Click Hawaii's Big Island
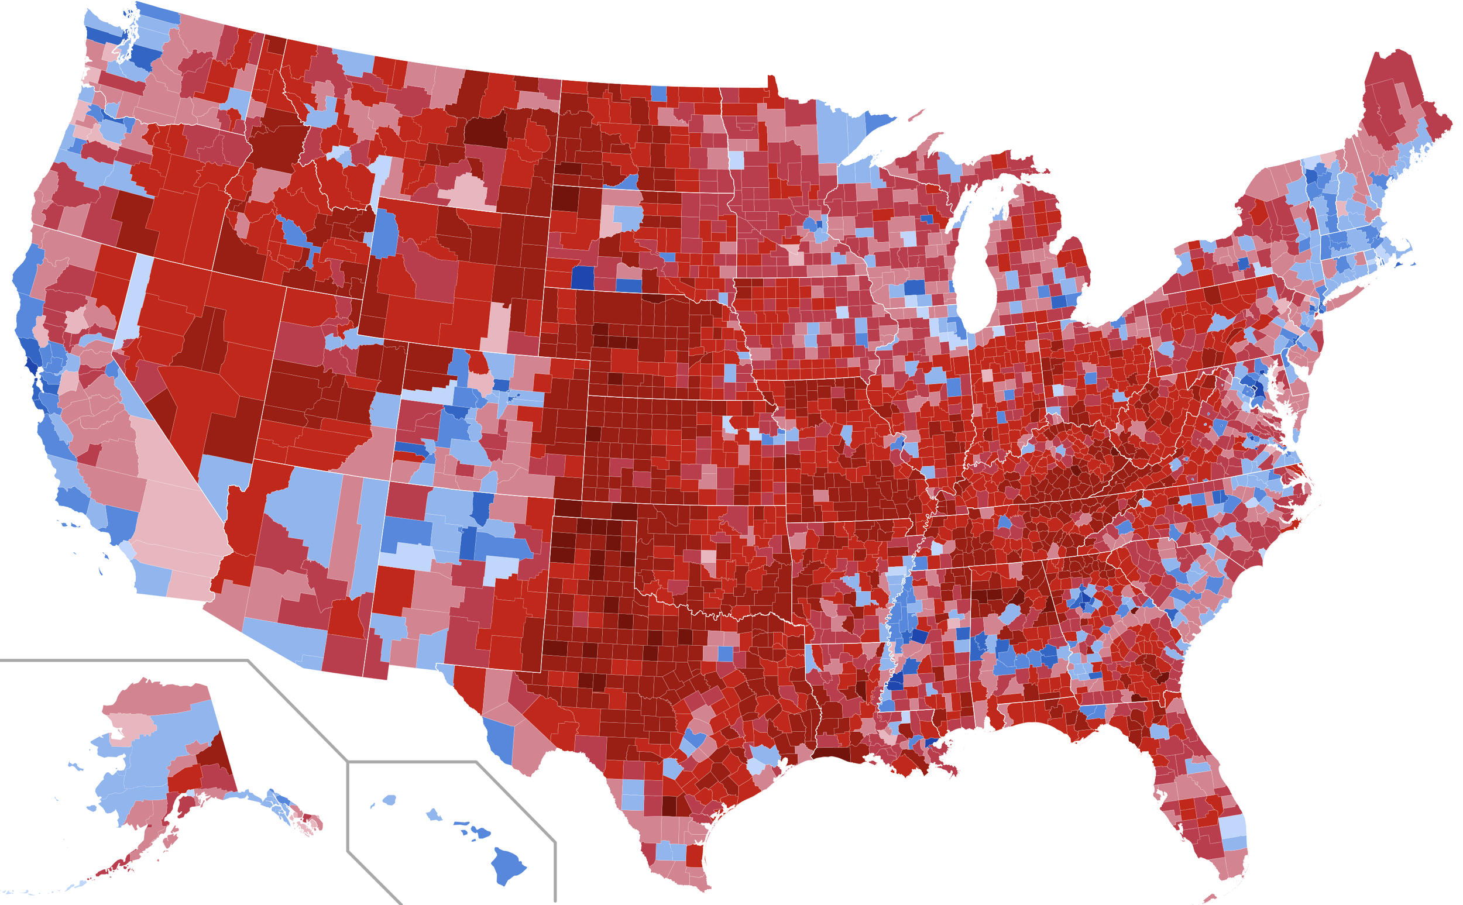(507, 865)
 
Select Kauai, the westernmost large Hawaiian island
(389, 800)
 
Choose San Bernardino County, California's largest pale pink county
(180, 521)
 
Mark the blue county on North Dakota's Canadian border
(658, 94)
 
